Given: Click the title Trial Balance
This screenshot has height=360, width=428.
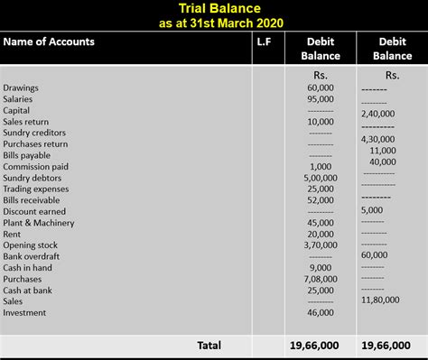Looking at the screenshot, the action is point(215,9).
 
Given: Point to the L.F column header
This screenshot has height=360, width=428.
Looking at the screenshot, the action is point(263,42).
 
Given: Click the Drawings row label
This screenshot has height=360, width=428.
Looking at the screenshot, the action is point(22,88).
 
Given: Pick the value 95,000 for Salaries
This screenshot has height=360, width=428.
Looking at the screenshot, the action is point(320,99).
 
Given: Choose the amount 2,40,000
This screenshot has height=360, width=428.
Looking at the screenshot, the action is point(379,115).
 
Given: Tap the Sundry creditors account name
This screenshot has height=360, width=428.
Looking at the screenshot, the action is point(35,133).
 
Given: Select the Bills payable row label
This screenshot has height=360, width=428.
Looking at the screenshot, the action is point(29,155).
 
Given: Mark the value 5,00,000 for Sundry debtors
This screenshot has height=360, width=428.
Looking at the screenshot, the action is point(320,178).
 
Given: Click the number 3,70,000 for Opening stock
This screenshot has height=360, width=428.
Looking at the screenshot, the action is point(320,245).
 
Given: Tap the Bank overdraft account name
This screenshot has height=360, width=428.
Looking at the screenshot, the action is point(32,256).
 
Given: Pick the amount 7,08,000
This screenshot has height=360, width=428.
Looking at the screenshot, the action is point(320,279).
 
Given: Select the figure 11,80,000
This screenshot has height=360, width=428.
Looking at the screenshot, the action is point(379,299).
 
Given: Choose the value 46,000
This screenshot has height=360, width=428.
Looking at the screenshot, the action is point(320,312).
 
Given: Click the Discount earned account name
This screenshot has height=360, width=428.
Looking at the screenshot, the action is point(34,211).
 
